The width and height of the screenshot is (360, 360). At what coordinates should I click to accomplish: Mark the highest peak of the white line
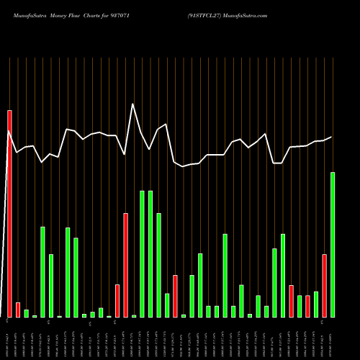click(132, 104)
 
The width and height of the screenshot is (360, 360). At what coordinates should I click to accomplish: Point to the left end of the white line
click(9, 131)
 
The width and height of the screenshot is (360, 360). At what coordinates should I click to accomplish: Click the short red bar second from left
click(18, 310)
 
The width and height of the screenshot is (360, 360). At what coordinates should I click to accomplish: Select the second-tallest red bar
click(125, 265)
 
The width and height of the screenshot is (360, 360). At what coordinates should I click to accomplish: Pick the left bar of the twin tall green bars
click(142, 254)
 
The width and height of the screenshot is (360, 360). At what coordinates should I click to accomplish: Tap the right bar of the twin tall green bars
click(150, 254)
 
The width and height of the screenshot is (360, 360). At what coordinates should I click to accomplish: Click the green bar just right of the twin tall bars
click(158, 265)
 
